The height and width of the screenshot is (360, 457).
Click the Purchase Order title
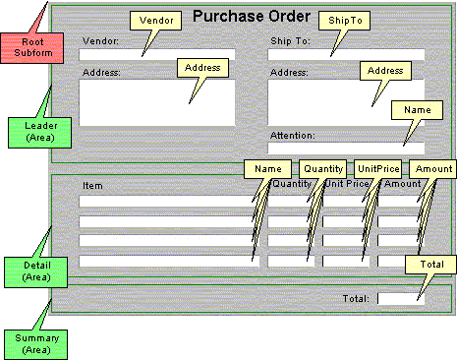[252, 16]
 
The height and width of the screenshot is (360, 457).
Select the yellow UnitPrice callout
[377, 168]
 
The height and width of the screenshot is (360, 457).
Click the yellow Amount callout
[432, 168]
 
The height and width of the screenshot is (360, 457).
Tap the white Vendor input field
[157, 55]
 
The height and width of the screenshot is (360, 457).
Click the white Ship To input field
[346, 55]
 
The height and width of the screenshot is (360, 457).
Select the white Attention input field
[346, 149]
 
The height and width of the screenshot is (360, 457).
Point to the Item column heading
[92, 185]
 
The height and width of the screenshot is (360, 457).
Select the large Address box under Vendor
[157, 102]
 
